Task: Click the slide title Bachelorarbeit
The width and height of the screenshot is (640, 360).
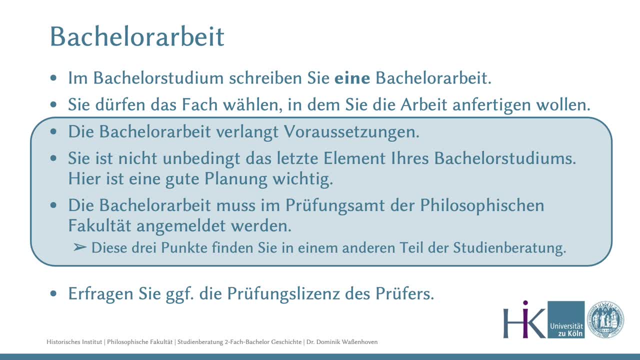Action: click(x=137, y=36)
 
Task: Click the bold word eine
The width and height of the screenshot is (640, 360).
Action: click(x=352, y=77)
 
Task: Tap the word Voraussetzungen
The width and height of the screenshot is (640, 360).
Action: click(x=351, y=132)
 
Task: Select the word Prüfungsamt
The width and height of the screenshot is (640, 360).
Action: click(x=335, y=205)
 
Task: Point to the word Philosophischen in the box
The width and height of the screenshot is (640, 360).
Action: click(x=482, y=205)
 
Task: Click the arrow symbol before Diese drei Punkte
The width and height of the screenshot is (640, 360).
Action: click(x=79, y=247)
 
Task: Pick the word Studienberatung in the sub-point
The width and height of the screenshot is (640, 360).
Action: click(x=509, y=247)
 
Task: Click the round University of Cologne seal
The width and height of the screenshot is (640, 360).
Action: click(x=605, y=319)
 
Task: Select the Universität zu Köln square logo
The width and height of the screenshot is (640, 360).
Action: click(x=566, y=319)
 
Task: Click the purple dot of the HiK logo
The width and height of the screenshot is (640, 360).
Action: click(x=525, y=302)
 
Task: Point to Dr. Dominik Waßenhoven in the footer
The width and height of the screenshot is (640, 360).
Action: click(x=342, y=342)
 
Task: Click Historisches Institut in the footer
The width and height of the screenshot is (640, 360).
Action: click(x=74, y=342)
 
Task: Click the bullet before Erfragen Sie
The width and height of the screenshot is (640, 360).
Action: click(x=53, y=293)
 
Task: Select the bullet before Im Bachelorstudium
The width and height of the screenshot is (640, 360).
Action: click(x=53, y=77)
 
